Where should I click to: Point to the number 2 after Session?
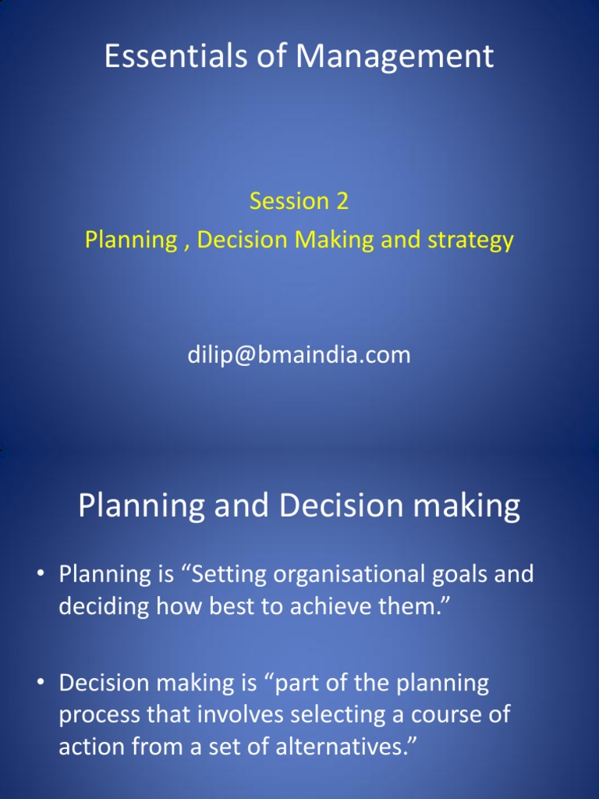tap(342, 201)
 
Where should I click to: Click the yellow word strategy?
tap(469, 240)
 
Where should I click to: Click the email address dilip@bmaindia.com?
tap(299, 355)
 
